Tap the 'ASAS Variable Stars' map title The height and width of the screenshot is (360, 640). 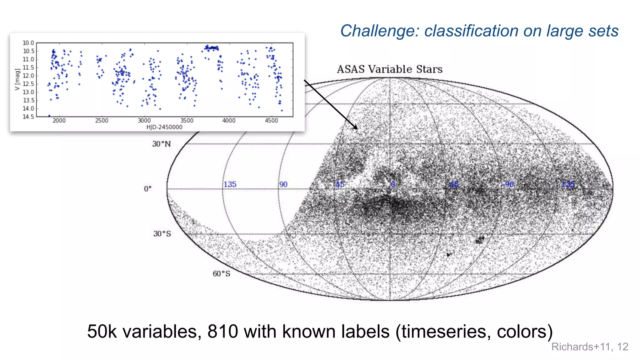click(389, 69)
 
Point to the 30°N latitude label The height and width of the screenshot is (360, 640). click(161, 144)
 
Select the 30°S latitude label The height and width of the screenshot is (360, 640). click(162, 234)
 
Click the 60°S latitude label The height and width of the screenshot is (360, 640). click(221, 274)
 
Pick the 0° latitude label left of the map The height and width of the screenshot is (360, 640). click(147, 189)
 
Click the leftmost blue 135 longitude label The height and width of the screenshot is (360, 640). click(230, 184)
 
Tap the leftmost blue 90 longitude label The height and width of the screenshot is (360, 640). click(283, 184)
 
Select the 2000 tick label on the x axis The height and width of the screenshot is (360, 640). click(59, 121)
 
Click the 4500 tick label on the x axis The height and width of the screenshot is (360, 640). click(271, 121)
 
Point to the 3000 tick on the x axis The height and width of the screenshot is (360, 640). click(144, 121)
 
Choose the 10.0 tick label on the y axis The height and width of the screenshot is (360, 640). click(28, 43)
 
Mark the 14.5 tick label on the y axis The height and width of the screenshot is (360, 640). click(28, 117)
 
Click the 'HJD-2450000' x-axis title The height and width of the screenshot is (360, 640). click(164, 127)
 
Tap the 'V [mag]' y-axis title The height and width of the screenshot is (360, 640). click(17, 80)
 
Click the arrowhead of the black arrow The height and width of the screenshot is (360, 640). click(356, 128)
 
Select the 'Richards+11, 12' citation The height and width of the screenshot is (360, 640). click(589, 347)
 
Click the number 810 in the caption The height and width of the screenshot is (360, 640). click(222, 332)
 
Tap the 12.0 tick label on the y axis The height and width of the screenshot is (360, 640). click(28, 76)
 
